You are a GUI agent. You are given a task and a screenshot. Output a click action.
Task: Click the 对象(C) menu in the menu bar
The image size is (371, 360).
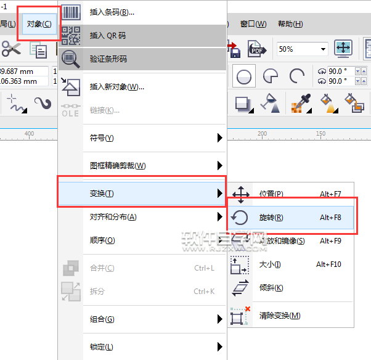tap(39, 24)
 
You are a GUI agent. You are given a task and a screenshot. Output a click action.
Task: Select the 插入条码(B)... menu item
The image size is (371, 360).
tap(112, 12)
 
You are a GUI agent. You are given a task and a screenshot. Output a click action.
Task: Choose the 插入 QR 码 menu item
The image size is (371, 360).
tap(107, 36)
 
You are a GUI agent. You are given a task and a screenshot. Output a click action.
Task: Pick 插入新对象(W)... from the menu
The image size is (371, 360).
tap(116, 87)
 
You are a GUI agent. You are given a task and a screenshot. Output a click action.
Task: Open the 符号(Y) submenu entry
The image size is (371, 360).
tap(102, 138)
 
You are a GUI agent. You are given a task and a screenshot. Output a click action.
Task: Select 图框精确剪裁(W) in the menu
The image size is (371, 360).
tap(118, 166)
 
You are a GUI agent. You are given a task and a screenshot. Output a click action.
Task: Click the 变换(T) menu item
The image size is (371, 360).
tap(102, 194)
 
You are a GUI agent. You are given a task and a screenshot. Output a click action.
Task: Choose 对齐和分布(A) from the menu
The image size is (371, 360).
tap(113, 217)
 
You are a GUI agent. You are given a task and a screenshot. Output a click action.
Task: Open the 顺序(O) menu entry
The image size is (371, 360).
tap(102, 240)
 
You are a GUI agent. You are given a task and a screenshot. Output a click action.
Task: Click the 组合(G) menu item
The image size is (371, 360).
tap(102, 319)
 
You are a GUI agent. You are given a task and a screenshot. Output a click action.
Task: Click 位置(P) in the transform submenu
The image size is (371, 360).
tap(271, 194)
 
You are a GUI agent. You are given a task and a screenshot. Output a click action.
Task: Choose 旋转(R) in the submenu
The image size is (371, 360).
tap(271, 218)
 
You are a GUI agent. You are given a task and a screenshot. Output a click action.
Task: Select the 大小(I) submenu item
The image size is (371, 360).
tap(270, 264)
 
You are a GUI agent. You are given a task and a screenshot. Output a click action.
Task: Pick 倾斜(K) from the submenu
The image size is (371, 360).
tap(271, 288)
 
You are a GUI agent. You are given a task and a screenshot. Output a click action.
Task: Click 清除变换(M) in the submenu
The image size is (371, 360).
tap(280, 316)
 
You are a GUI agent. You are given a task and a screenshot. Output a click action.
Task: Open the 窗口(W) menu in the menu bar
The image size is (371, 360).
tap(253, 24)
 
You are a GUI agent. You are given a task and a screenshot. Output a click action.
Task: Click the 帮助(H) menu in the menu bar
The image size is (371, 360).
tap(290, 24)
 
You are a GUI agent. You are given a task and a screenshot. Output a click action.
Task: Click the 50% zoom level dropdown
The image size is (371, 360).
tap(302, 49)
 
